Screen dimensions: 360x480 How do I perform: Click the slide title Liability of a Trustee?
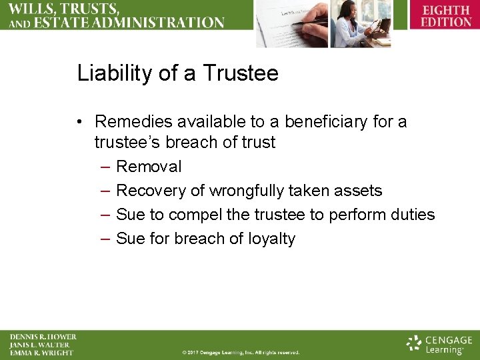pos(177,73)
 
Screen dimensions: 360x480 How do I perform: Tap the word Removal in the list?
pos(149,167)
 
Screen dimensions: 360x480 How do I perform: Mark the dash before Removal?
pos(105,167)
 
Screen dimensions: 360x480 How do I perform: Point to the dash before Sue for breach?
pos(105,239)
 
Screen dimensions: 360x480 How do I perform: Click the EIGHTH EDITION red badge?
pos(445,16)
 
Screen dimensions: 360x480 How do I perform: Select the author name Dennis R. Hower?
pos(43,337)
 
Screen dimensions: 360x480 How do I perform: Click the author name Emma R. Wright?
pos(41,353)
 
